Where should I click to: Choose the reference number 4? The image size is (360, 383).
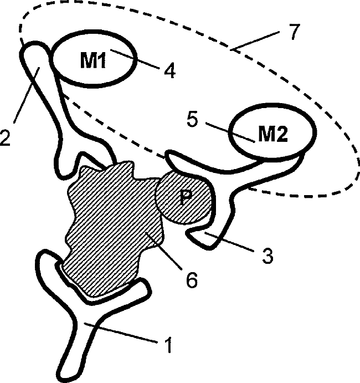168,71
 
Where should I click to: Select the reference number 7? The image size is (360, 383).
293,32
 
